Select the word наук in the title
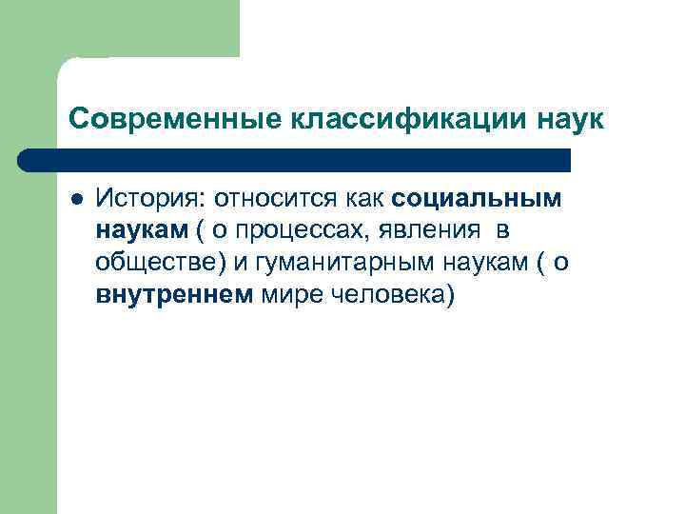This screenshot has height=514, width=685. point(567,119)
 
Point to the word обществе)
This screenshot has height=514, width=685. point(157,263)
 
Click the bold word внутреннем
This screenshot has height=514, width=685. point(174,295)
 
